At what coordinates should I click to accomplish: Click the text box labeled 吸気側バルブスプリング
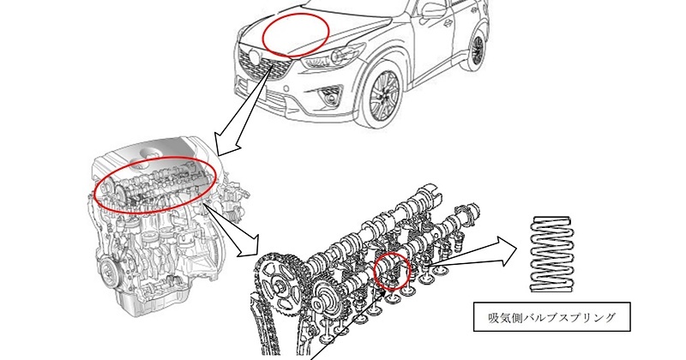pyautogui.click(x=551, y=316)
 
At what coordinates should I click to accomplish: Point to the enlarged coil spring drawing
pyautogui.click(x=551, y=254)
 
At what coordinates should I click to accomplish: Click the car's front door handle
pyautogui.click(x=448, y=23)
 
